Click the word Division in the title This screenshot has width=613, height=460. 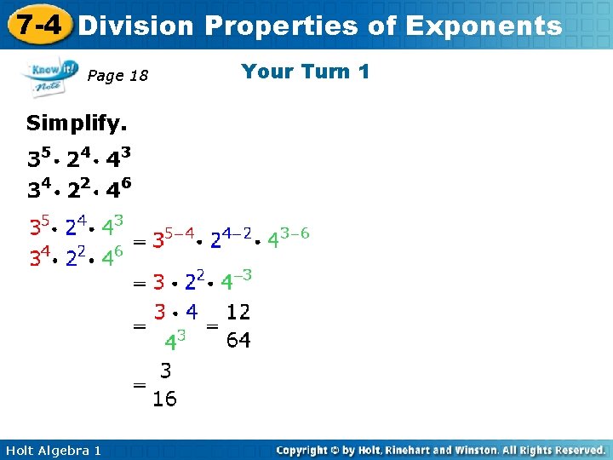(x=136, y=26)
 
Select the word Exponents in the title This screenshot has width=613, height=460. (x=484, y=26)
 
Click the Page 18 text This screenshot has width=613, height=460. (x=118, y=77)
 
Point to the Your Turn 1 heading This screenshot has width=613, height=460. (x=305, y=72)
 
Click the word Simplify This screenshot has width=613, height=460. (x=77, y=124)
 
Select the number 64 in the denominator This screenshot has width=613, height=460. (x=238, y=342)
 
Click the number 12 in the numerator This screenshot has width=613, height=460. (x=238, y=313)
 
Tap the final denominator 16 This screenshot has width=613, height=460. (x=165, y=399)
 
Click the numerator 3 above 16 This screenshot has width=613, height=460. (x=165, y=371)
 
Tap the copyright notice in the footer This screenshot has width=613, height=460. (x=441, y=449)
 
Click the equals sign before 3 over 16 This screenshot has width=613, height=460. (x=139, y=385)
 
